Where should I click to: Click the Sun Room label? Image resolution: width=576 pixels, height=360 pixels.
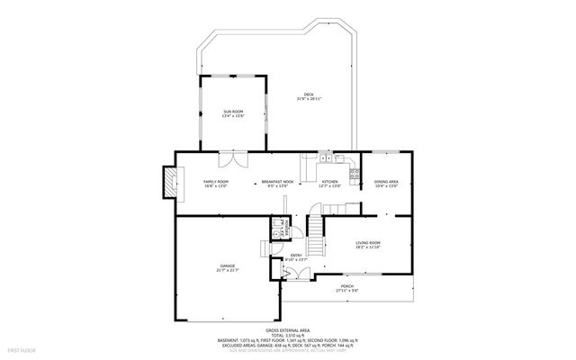[233, 112]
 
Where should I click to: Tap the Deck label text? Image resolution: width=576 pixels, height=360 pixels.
[309, 95]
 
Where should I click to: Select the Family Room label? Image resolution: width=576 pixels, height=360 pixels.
[216, 183]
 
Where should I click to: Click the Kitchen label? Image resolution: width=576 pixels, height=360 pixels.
[330, 183]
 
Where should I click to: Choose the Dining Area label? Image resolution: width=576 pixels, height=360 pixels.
[386, 183]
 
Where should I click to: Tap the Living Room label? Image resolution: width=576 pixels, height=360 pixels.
[368, 244]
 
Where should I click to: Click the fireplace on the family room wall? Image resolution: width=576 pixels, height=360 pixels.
[167, 184]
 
